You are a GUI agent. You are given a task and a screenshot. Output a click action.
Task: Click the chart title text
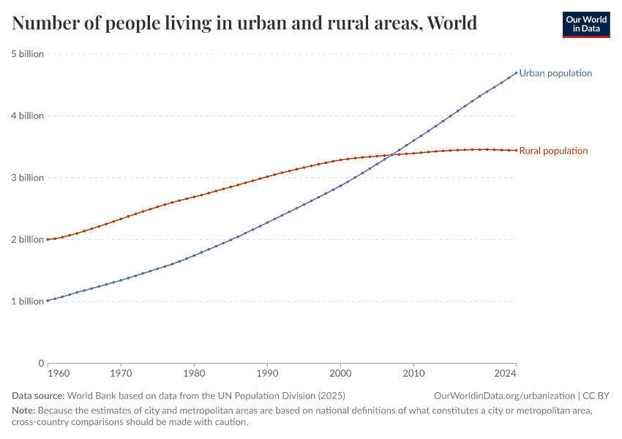tap(244, 23)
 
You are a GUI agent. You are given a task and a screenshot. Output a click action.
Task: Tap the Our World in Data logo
tap(585, 23)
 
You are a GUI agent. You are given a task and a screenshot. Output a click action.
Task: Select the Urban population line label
tap(555, 73)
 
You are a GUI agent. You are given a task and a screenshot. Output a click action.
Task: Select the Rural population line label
tap(553, 151)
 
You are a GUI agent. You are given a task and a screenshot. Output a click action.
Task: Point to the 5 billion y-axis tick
tap(27, 54)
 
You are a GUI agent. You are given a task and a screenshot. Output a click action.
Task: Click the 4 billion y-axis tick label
tap(27, 116)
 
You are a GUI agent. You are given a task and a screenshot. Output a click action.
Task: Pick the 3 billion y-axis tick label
tap(27, 178)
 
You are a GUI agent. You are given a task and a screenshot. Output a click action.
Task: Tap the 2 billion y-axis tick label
tap(27, 239)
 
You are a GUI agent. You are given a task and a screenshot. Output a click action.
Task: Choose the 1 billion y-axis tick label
tap(27, 301)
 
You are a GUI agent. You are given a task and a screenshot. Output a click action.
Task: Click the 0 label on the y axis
tap(40, 363)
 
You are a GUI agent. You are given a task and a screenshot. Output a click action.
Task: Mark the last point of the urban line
tap(516, 72)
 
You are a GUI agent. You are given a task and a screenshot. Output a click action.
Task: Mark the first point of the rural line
tap(48, 239)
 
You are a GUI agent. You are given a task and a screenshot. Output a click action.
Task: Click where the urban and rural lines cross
tap(393, 154)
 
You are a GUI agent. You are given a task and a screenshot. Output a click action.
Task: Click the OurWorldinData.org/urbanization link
tap(504, 396)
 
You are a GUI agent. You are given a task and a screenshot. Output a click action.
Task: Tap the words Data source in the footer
tap(38, 396)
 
